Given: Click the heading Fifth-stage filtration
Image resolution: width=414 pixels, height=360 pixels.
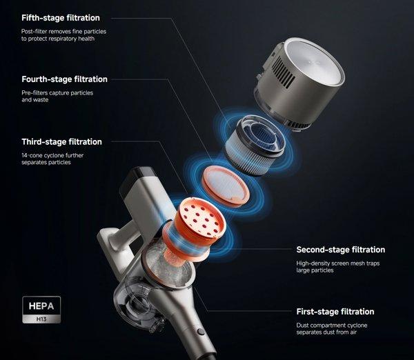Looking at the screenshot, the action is coord(61,18).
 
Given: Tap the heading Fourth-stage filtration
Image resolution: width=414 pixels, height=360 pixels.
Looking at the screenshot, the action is coord(64,79).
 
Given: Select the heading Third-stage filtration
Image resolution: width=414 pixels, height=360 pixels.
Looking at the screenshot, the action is coord(61,142).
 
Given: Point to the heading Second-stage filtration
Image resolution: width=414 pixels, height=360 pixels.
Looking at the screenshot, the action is coord(341,250).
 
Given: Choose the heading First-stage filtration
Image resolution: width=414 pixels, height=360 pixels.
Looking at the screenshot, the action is coord(335,312).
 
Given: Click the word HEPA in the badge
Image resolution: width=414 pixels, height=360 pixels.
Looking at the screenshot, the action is coord(41,306).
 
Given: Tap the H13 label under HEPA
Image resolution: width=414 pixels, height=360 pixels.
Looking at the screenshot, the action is coord(41,319).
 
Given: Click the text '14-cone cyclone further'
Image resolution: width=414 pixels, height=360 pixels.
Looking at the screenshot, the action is coord(52,155).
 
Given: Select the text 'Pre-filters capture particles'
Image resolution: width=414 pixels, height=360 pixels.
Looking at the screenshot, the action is coord(57,93).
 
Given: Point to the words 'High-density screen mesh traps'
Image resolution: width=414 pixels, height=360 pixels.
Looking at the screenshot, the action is coord(338,263).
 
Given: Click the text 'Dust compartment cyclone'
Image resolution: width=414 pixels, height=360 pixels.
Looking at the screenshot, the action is coord(332,325).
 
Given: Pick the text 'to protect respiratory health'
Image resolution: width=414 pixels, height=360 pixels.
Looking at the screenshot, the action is coord(58,39).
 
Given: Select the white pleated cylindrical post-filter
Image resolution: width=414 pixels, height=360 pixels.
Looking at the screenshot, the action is coord(255,145).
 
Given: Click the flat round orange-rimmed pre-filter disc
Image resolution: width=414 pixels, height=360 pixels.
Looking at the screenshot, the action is coord(225,186).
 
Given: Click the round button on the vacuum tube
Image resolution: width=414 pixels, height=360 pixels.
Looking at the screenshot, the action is coord(201,332).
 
